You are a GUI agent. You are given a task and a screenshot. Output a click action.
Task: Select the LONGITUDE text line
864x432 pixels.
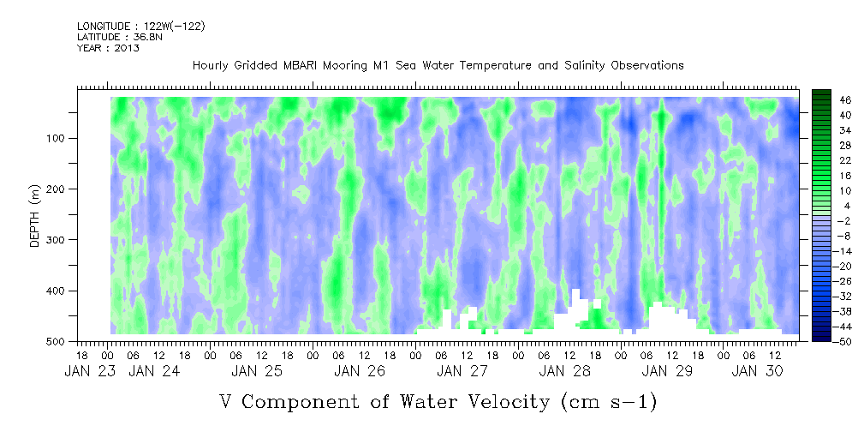140,27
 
